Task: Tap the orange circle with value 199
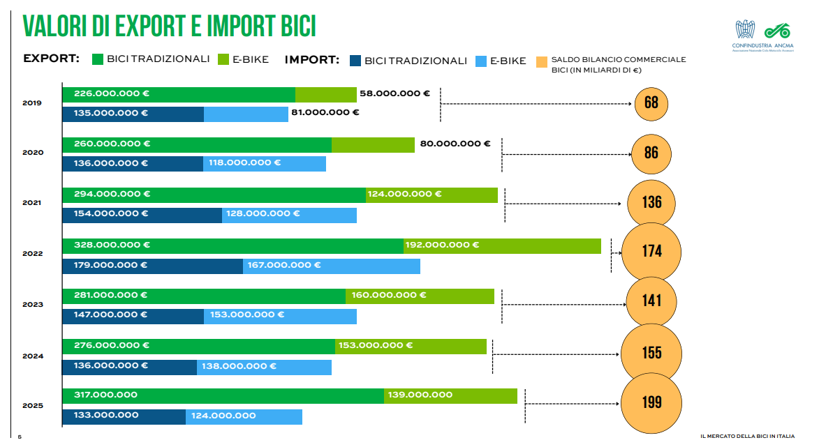[651, 402]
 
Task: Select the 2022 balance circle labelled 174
[651, 251]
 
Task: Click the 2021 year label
[32, 203]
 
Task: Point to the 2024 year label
[32, 356]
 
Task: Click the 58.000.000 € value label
[394, 93]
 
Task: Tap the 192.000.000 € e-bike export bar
[502, 245]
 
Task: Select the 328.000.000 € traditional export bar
[233, 245]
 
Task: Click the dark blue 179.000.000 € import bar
[152, 266]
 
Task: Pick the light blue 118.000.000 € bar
[265, 164]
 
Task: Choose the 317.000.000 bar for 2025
[223, 395]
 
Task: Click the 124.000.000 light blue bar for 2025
[244, 416]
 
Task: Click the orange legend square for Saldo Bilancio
[541, 62]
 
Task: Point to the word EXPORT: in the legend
[51, 59]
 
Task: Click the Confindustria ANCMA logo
[763, 35]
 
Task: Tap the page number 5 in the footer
[20, 437]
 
